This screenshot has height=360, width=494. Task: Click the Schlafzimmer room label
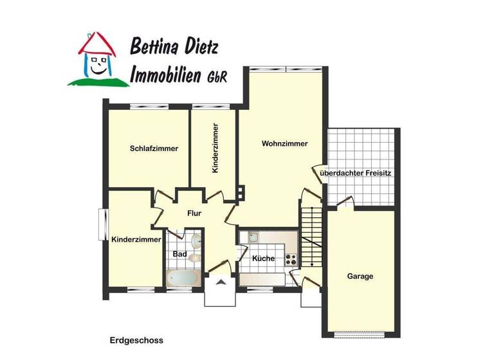[154, 148]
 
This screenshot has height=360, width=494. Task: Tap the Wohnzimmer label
[284, 143]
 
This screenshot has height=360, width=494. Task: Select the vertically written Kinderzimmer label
[215, 149]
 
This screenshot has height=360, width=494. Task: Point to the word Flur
[195, 213]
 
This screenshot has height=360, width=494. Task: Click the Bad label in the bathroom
[180, 255]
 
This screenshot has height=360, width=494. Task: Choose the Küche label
[263, 258]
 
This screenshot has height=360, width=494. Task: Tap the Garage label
[360, 276]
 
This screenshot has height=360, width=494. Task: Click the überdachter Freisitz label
[356, 174]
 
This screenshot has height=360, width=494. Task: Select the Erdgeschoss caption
[136, 340]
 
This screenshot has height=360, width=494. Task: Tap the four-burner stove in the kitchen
[290, 260]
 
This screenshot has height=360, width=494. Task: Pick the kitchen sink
[253, 237]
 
